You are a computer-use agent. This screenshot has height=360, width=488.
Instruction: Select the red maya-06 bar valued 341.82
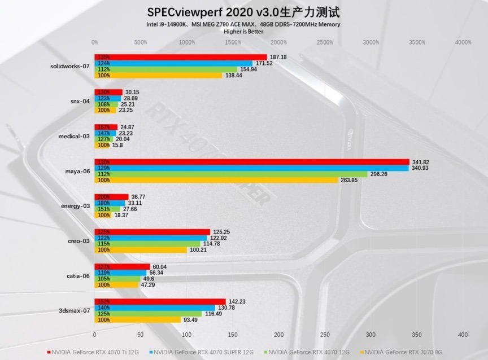point(252,162)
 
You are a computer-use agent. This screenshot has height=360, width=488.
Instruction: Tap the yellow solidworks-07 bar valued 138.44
point(159,75)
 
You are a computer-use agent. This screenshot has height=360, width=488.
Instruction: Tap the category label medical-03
point(75,136)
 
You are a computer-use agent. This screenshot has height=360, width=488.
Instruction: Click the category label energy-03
point(76,206)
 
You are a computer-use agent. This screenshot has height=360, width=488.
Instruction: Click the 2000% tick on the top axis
point(278,42)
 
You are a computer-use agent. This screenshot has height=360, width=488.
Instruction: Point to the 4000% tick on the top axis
point(463,42)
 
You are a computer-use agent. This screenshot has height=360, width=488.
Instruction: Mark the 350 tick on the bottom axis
point(417,335)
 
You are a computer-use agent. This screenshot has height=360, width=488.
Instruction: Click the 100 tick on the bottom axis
point(186,335)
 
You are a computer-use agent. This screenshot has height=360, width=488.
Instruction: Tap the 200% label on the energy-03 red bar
point(104,196)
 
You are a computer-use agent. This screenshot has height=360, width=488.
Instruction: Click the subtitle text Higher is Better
point(243,32)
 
